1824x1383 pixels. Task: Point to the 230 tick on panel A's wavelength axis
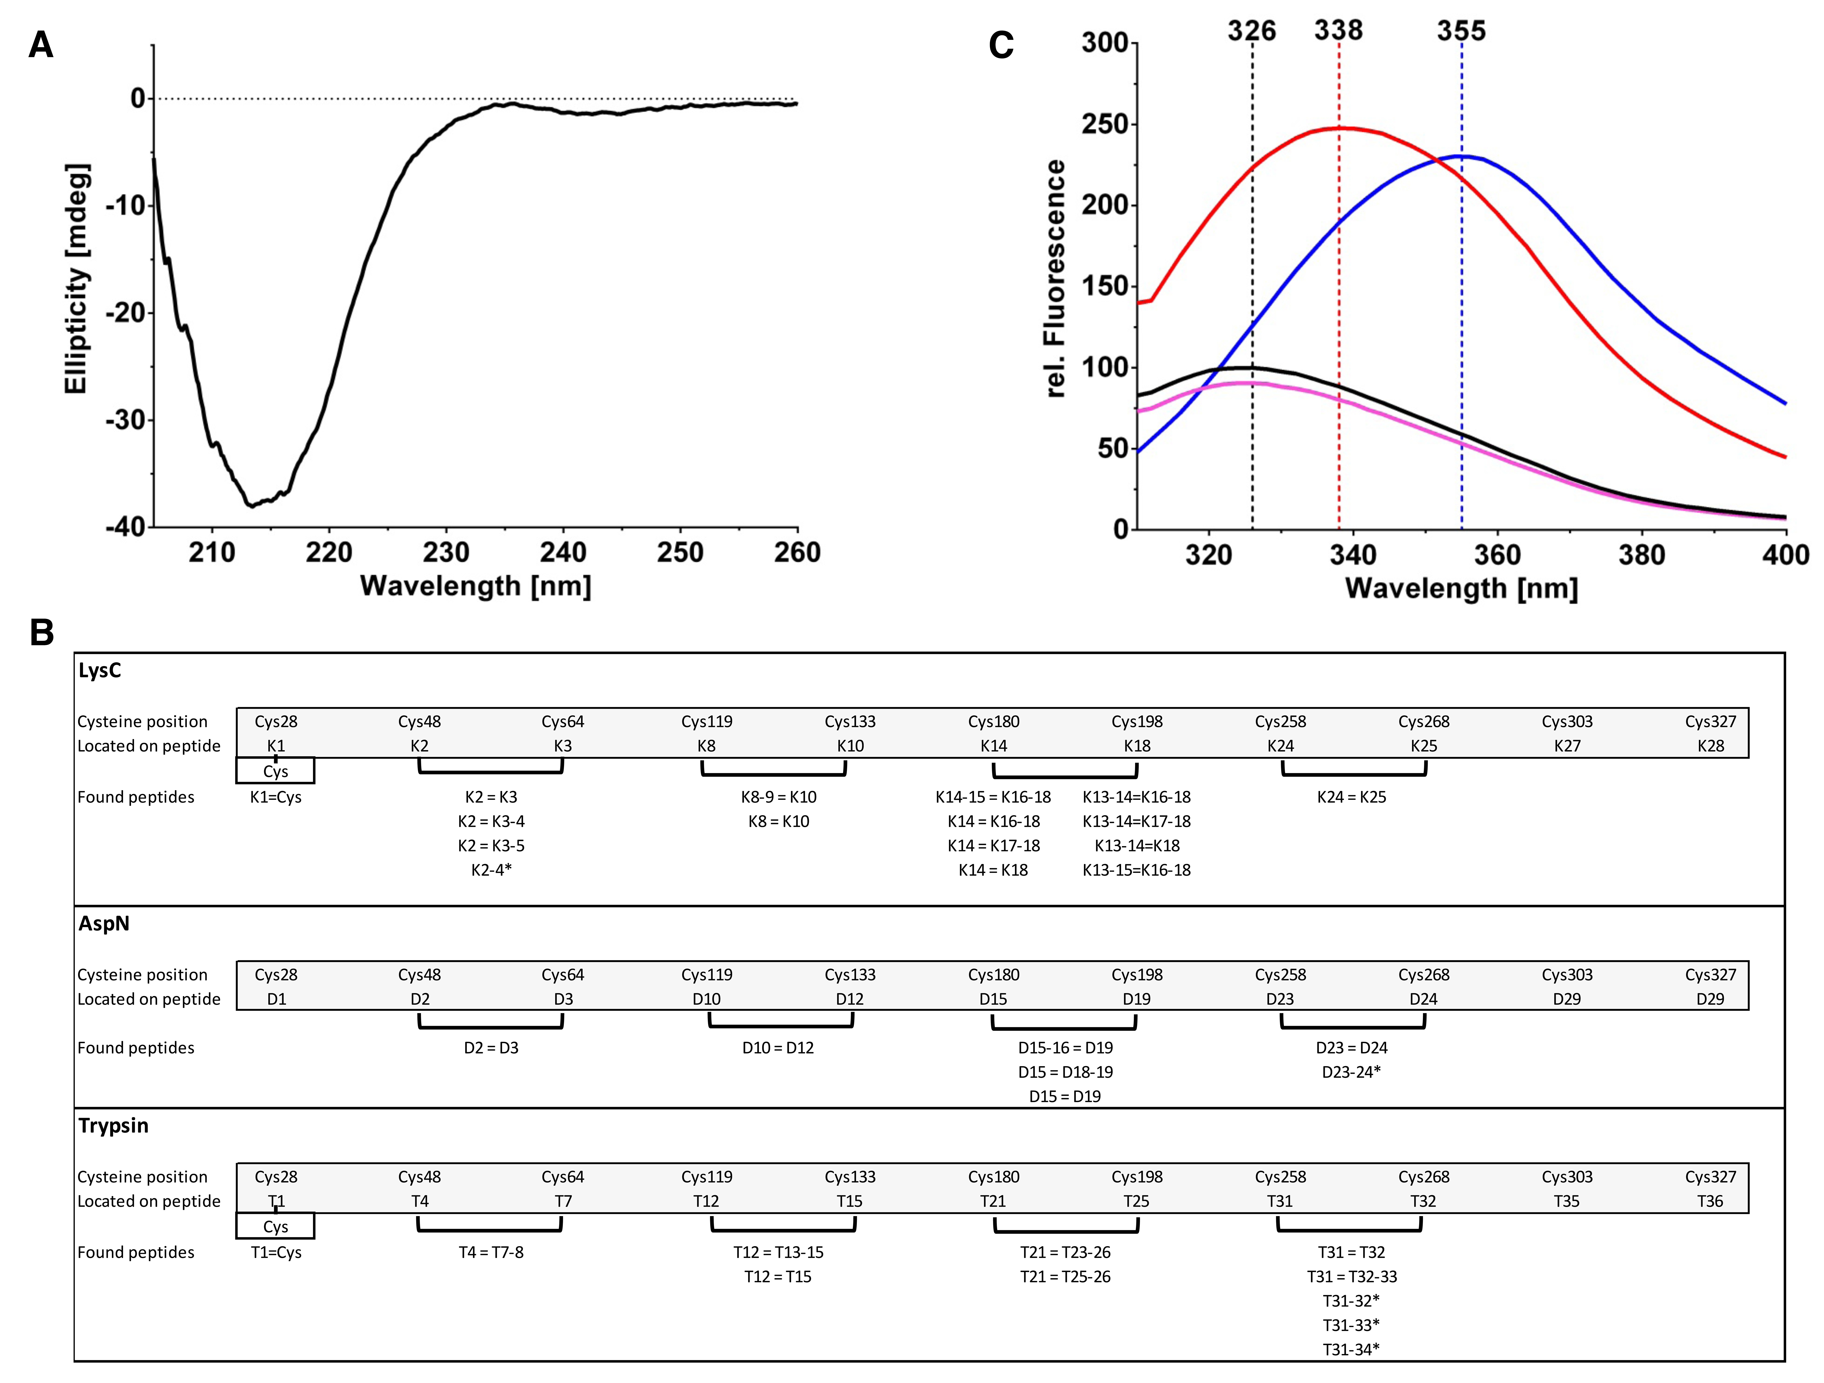point(446,552)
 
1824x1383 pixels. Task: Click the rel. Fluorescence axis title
point(1054,279)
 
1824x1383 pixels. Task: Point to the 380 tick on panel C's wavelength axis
point(1641,554)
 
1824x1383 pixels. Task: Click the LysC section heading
point(100,670)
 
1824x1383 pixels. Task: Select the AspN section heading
point(104,924)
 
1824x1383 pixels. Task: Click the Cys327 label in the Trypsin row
point(1710,1177)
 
